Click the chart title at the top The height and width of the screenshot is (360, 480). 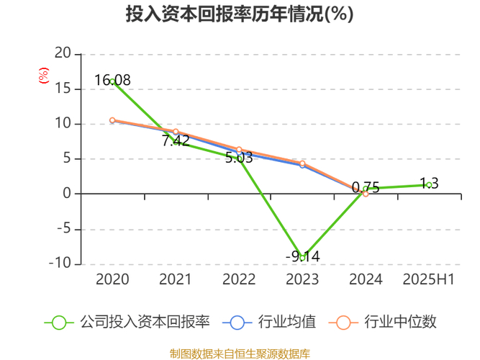(x=240, y=15)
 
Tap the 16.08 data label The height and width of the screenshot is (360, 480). (x=112, y=80)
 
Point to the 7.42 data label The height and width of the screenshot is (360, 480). (x=176, y=141)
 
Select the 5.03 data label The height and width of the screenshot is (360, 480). (x=239, y=158)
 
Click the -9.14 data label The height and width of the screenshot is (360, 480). (x=302, y=256)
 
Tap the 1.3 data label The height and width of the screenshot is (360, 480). (x=429, y=183)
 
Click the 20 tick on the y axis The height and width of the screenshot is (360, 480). (x=64, y=53)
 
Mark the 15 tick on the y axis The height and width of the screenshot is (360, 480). (x=64, y=89)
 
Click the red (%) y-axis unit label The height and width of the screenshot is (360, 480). (x=43, y=75)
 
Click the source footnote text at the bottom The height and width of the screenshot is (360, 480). (x=240, y=354)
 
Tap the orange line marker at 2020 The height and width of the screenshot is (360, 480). (x=112, y=120)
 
